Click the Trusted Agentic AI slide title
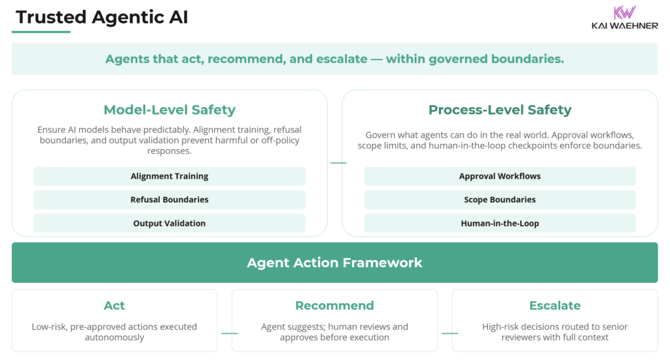coord(101,18)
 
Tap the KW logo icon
coord(625,13)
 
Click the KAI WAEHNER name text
coord(624,27)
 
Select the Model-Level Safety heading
coord(169,110)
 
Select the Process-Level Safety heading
coord(500,110)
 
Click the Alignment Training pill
coord(169,176)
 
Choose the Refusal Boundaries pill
coord(169,200)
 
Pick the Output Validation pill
coord(169,223)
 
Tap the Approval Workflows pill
coord(500,176)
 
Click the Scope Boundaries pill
coord(500,200)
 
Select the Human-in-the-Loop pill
coord(500,223)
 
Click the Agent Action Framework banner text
coord(334,263)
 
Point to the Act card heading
coord(115,306)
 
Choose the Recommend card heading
coord(334,306)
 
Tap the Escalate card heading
coord(555,306)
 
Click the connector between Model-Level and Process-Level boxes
coord(338,162)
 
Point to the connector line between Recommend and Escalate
coord(450,333)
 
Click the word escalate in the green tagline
coord(344,59)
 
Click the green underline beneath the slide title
coord(41,31)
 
